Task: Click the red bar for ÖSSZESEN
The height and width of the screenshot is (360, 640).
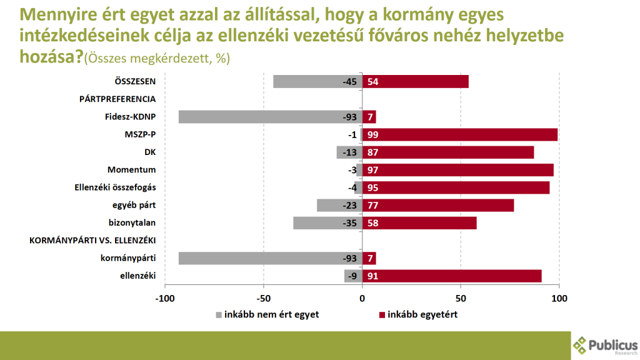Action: tap(415, 81)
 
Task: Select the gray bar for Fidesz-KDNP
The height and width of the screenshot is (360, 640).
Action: tap(270, 117)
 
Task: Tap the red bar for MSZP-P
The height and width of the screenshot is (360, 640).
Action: tap(459, 134)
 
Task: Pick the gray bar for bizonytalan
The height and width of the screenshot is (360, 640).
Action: tap(327, 223)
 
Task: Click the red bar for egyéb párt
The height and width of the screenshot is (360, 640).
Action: tap(437, 205)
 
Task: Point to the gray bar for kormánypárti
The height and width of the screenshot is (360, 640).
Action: tap(270, 258)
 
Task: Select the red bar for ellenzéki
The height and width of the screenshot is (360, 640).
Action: tap(451, 276)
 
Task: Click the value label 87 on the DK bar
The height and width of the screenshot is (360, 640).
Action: tap(373, 152)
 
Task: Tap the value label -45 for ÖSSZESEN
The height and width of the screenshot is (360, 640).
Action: tap(349, 82)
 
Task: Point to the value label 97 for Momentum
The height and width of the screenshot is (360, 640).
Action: tap(373, 170)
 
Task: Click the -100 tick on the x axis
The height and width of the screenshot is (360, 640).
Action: tap(165, 299)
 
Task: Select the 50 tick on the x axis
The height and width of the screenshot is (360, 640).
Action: tap(461, 299)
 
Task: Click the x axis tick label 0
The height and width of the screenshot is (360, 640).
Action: tap(362, 299)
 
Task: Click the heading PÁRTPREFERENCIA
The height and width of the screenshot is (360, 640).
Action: tap(117, 99)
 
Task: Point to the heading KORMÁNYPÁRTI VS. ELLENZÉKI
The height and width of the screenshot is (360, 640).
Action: tap(92, 241)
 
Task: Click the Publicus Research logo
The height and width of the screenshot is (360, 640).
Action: tap(605, 346)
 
